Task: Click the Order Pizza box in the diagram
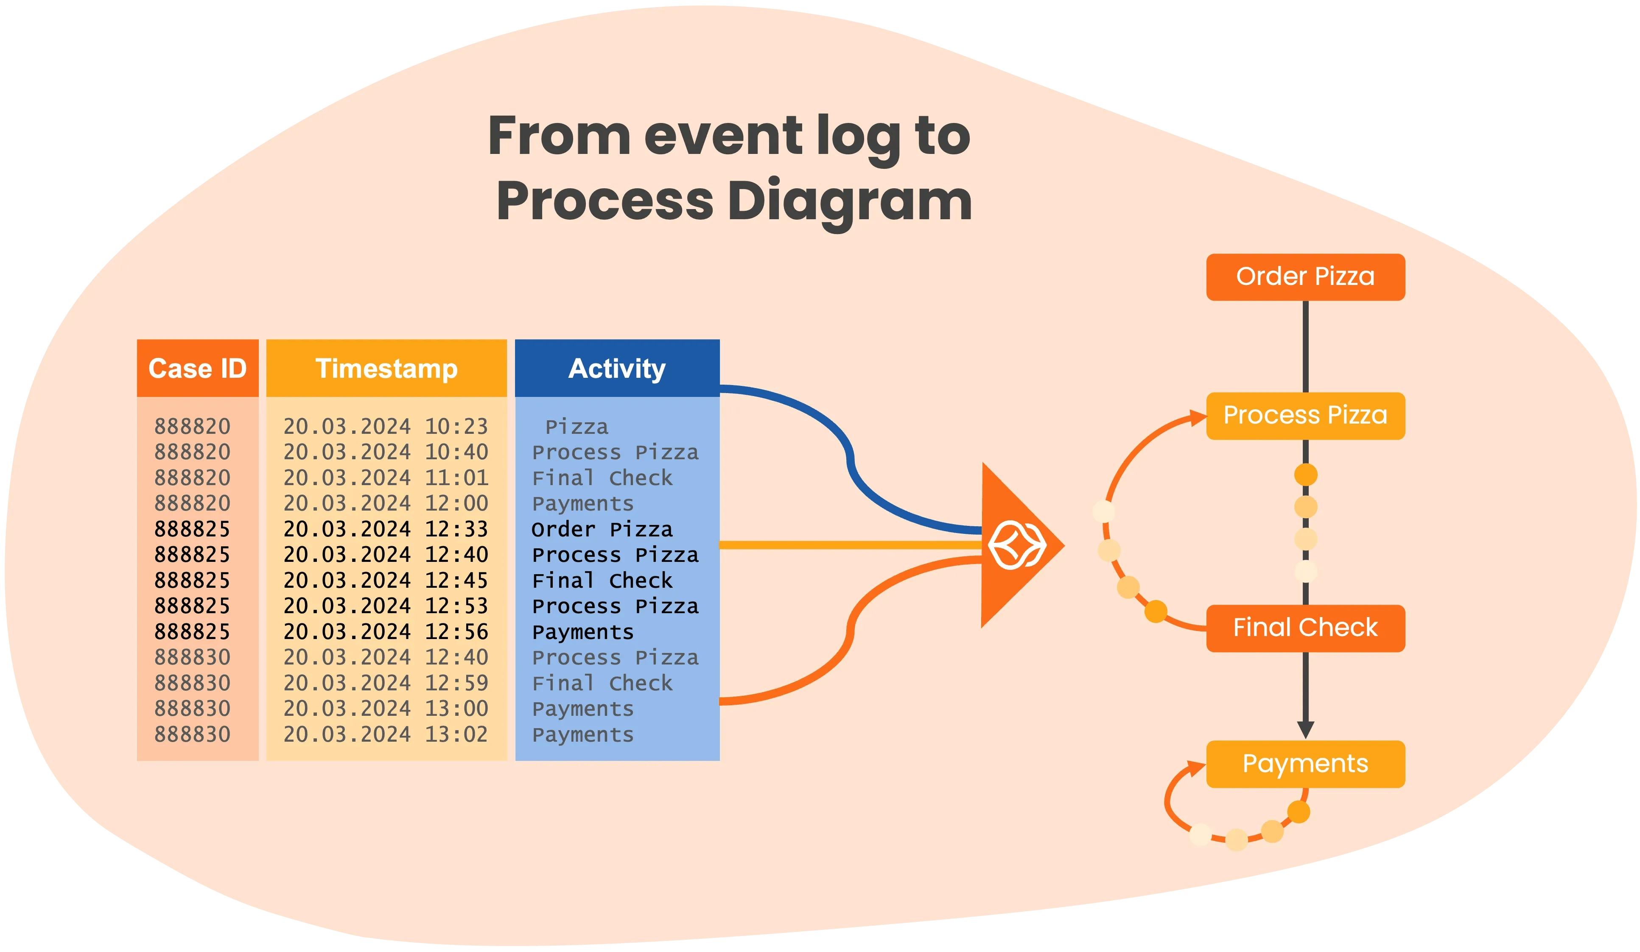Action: (x=1305, y=276)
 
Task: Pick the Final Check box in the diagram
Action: (x=1305, y=628)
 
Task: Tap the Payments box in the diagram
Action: (x=1305, y=764)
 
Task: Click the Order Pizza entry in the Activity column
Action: (x=602, y=529)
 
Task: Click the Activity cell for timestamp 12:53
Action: (x=615, y=606)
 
